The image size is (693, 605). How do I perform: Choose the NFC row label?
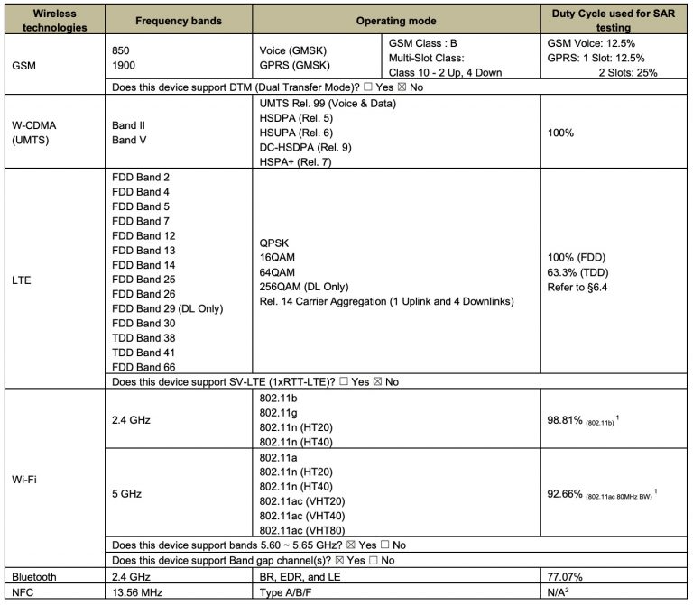tap(23, 591)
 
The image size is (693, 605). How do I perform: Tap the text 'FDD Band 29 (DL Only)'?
tap(167, 308)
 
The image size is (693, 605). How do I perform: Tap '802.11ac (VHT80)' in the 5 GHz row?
tap(305, 530)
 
